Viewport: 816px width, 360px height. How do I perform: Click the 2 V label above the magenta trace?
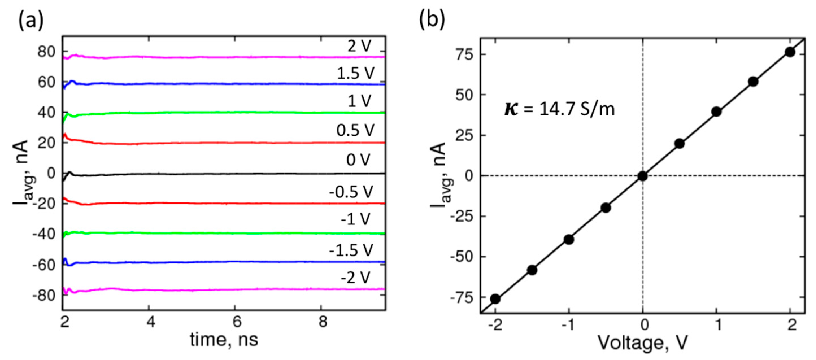(x=359, y=46)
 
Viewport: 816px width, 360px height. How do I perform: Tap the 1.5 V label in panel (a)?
(x=355, y=74)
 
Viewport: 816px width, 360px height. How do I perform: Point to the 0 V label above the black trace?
(x=358, y=160)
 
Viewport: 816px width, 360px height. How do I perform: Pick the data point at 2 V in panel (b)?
(x=790, y=52)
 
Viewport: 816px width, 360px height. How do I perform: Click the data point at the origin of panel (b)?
(x=643, y=176)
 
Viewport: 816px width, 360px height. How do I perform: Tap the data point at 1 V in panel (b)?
(x=717, y=112)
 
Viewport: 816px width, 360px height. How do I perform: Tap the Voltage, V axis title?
(x=643, y=342)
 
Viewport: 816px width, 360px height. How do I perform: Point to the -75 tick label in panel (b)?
(x=462, y=298)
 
